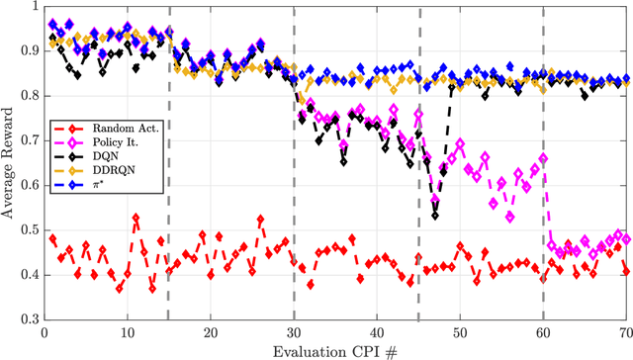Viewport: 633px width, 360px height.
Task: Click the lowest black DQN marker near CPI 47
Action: [435, 215]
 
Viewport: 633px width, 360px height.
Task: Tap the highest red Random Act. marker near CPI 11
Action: [136, 217]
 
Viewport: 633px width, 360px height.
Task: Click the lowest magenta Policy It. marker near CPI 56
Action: [510, 219]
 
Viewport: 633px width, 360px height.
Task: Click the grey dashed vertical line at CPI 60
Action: [543, 148]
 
